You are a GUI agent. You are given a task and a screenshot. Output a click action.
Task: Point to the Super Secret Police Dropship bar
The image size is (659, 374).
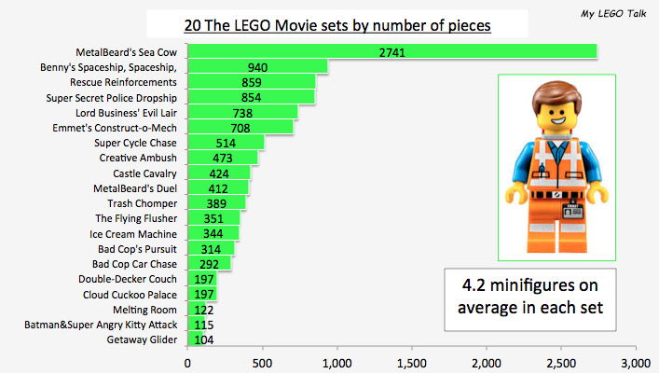(x=252, y=97)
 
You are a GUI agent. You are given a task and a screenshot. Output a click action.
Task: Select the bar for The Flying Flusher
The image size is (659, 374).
(x=214, y=219)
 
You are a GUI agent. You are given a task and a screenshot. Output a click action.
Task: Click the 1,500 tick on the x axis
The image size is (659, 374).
(x=412, y=362)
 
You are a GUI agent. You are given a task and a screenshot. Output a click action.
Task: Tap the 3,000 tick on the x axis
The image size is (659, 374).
(x=635, y=362)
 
